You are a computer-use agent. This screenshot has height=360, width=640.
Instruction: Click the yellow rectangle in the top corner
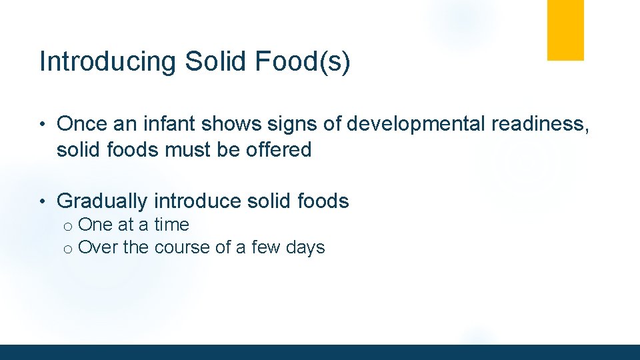coord(565,30)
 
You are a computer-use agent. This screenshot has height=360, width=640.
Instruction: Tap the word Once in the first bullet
coord(83,124)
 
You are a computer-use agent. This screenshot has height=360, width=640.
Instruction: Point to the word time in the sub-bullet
coord(172,225)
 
